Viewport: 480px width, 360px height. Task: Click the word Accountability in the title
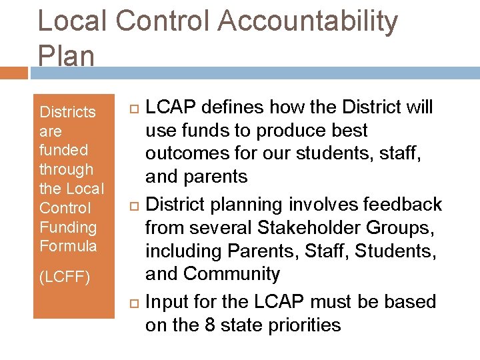click(x=307, y=22)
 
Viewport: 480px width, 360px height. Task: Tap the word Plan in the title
click(x=66, y=56)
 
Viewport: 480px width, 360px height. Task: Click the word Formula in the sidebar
click(x=68, y=246)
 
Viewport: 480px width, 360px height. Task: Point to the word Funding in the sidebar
click(x=68, y=227)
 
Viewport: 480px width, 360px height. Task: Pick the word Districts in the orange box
click(x=68, y=112)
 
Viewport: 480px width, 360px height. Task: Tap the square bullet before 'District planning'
click(x=131, y=205)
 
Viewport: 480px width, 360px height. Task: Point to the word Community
click(x=231, y=274)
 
